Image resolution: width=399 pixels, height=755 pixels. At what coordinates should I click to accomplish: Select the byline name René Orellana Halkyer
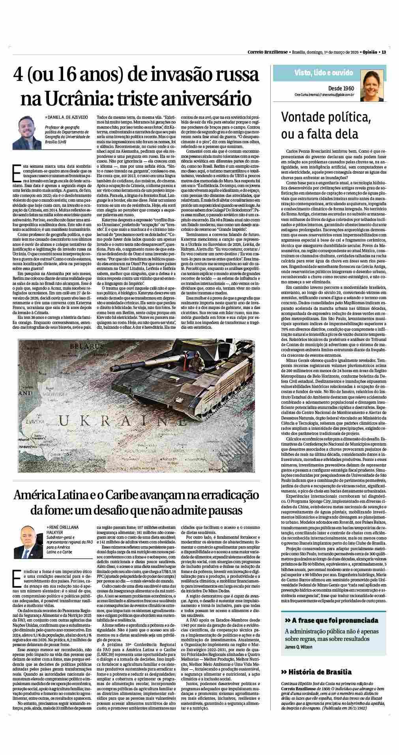[x=62, y=530]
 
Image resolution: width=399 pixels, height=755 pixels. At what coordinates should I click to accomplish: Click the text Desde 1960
[x=341, y=88]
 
